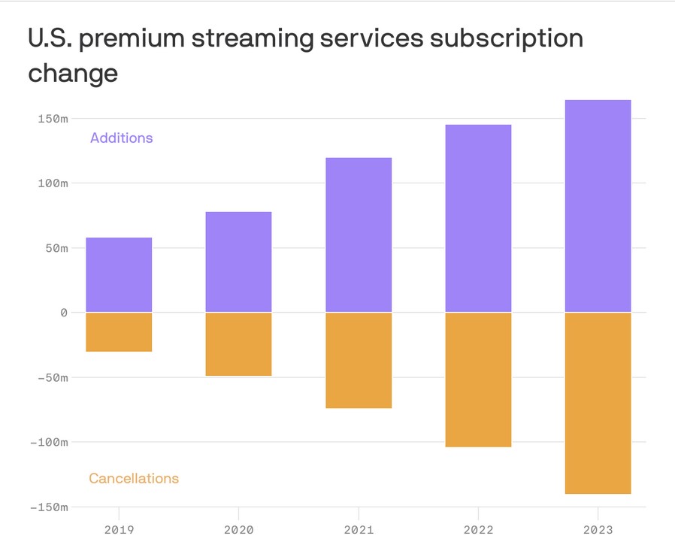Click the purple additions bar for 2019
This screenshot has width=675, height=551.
(x=119, y=274)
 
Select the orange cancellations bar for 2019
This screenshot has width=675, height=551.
(x=119, y=332)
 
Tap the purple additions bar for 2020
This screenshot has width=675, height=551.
(x=238, y=262)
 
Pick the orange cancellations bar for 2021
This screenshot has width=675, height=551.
(x=358, y=360)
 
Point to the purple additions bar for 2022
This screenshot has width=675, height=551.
(x=478, y=218)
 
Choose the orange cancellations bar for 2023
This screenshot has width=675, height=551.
(x=598, y=403)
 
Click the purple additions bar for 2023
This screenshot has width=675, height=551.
(x=598, y=206)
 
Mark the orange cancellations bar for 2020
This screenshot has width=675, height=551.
(x=238, y=344)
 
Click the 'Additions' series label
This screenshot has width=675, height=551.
(x=121, y=138)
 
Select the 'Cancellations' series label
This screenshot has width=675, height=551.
(x=134, y=478)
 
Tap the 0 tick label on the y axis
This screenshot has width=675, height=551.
(x=63, y=313)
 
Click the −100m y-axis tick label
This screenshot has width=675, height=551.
(x=49, y=442)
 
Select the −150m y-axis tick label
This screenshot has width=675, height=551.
(x=49, y=507)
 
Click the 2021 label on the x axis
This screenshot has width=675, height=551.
(x=358, y=529)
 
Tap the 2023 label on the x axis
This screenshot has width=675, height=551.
(x=598, y=529)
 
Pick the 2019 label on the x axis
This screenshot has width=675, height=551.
(x=119, y=529)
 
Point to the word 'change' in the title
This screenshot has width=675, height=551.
(x=73, y=74)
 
